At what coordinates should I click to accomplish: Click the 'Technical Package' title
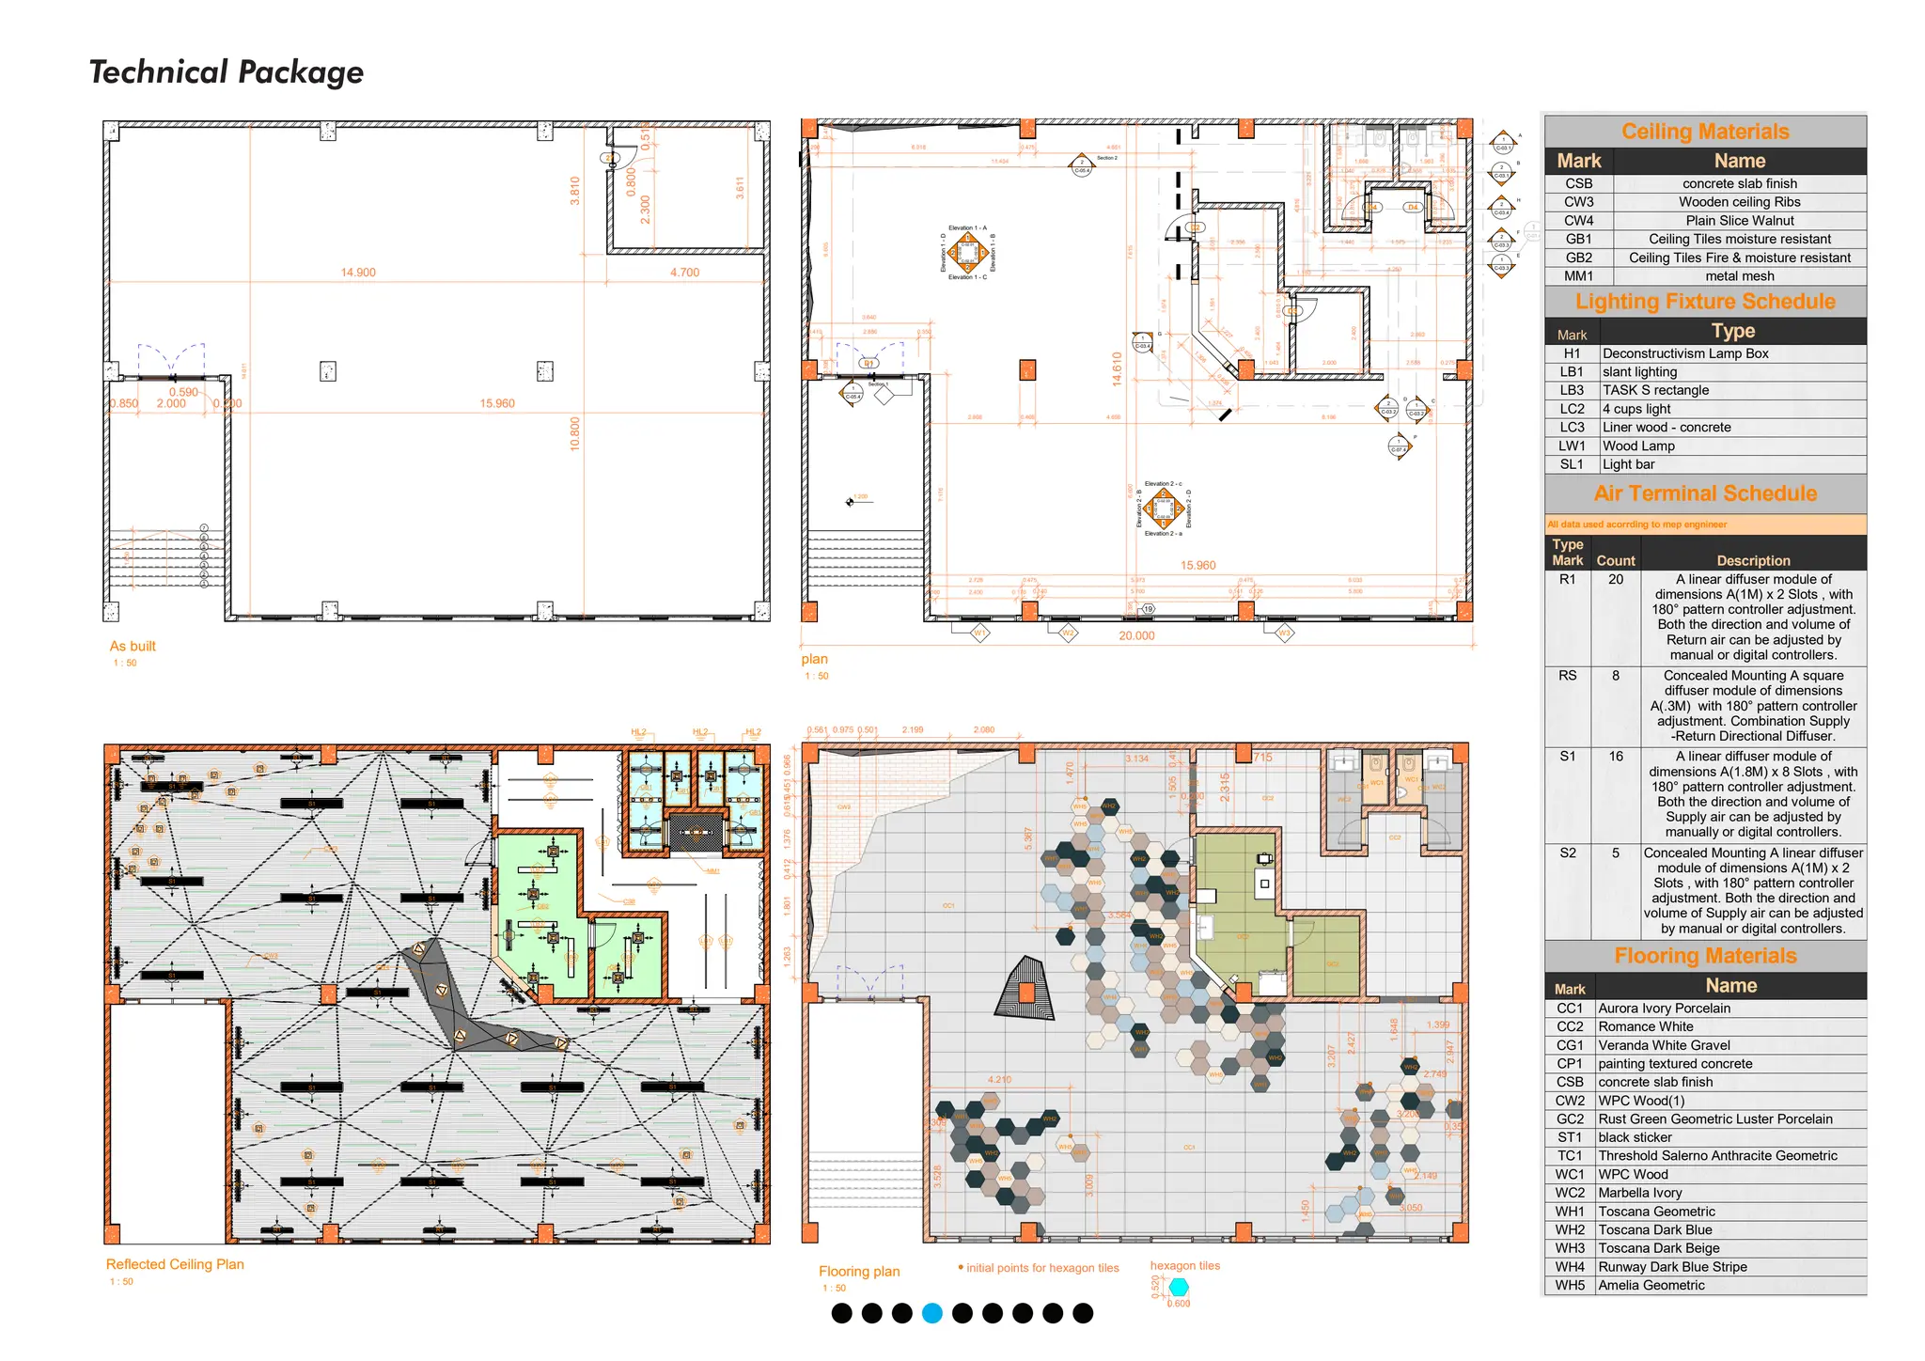click(x=226, y=72)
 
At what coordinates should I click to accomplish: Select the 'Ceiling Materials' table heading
click(x=1704, y=132)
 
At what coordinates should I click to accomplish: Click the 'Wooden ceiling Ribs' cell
click(x=1739, y=202)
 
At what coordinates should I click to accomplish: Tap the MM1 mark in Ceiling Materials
click(x=1578, y=276)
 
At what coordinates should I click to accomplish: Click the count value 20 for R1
click(x=1615, y=580)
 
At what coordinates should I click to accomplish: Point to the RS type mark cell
click(x=1567, y=676)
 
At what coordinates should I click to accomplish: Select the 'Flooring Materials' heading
click(x=1704, y=956)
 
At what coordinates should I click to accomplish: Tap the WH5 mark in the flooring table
click(x=1569, y=1286)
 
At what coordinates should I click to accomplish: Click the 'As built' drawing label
click(x=133, y=647)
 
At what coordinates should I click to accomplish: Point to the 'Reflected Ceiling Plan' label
click(x=175, y=1265)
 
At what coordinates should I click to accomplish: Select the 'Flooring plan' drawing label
click(x=858, y=1272)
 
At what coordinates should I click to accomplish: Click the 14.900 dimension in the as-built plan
click(x=358, y=273)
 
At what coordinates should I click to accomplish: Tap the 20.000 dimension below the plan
click(x=1136, y=636)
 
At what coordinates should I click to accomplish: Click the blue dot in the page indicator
click(x=931, y=1314)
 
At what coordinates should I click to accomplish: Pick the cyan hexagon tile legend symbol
click(x=1179, y=1287)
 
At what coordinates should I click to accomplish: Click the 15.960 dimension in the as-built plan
click(x=497, y=403)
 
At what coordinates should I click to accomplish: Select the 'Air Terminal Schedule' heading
click(x=1704, y=493)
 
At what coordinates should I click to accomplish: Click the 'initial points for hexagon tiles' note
click(x=1041, y=1268)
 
